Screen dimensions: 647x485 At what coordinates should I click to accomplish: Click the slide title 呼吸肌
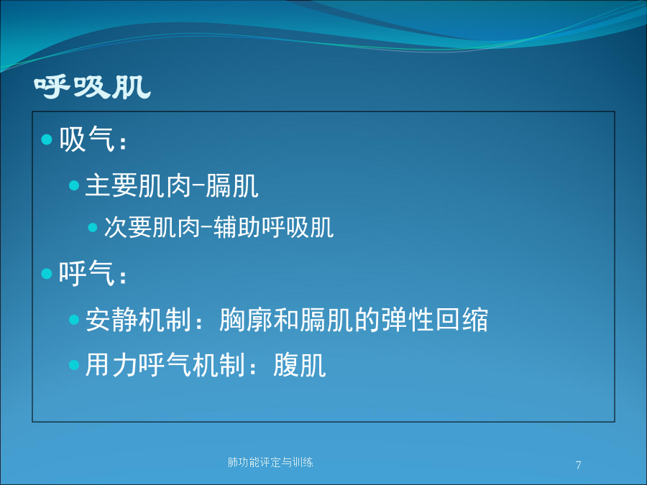(93, 87)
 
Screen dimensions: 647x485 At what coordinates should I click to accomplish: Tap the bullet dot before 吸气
(47, 139)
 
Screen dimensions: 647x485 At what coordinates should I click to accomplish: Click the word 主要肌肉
(138, 185)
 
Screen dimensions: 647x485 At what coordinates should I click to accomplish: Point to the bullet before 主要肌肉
(74, 185)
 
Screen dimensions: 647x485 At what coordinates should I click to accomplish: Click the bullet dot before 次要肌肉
(93, 227)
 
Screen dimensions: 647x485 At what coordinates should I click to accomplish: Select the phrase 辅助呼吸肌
(274, 227)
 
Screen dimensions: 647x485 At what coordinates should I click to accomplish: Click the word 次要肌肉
(152, 227)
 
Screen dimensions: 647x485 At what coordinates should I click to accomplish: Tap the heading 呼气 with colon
(93, 273)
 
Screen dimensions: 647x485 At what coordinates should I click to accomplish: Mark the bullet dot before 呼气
(47, 274)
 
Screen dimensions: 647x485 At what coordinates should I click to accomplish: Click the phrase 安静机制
(138, 320)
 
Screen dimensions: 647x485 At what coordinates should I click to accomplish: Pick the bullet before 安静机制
(74, 320)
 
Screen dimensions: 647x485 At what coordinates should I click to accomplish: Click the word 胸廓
(246, 320)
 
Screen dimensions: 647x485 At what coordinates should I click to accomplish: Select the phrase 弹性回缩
(434, 320)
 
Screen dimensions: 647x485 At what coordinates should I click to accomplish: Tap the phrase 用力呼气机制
(165, 365)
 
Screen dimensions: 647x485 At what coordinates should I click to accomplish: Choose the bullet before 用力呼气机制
(74, 365)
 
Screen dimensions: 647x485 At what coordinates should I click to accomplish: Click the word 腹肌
(300, 365)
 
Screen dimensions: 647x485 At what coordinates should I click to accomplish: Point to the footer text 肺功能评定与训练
(270, 462)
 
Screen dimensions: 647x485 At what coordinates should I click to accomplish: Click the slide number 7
(579, 465)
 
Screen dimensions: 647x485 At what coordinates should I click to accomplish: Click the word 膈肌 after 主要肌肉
(232, 185)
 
